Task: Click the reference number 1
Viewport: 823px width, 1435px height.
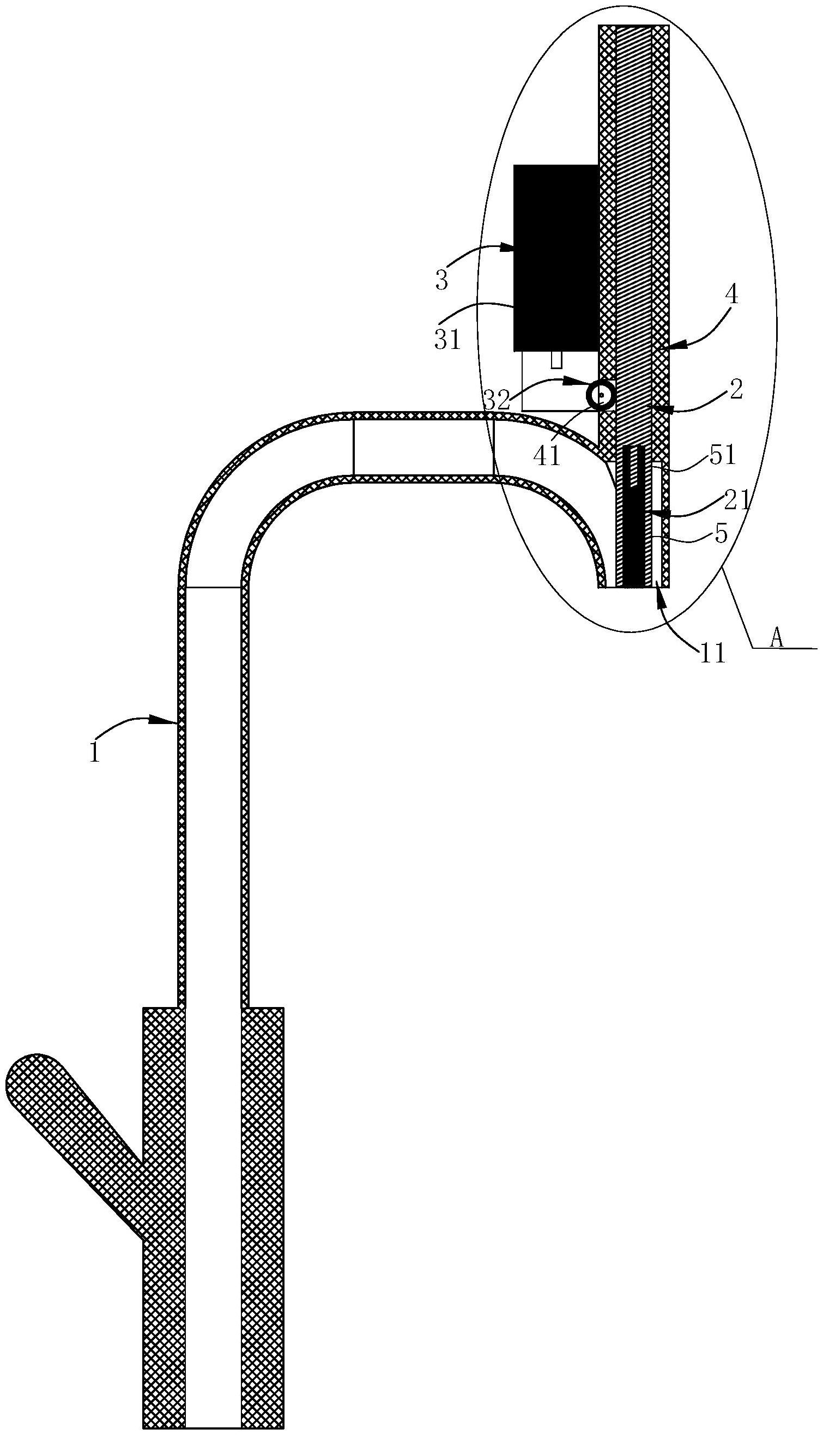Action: [x=94, y=753]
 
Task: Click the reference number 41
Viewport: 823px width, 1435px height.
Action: [x=547, y=456]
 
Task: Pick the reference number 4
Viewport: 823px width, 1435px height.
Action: [x=731, y=296]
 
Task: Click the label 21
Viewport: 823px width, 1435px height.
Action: [x=737, y=499]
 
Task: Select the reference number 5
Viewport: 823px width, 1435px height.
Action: [x=721, y=534]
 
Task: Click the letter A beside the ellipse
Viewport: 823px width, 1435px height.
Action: [x=777, y=639]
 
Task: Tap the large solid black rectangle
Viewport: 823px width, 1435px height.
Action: [x=555, y=258]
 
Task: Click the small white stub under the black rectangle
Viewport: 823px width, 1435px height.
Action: [x=556, y=360]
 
